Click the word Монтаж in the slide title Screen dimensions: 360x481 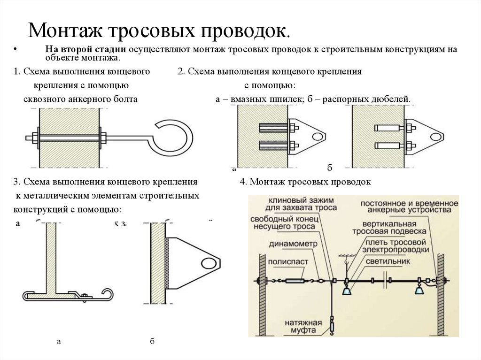click(65, 31)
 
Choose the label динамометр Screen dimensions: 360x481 click(287, 244)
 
